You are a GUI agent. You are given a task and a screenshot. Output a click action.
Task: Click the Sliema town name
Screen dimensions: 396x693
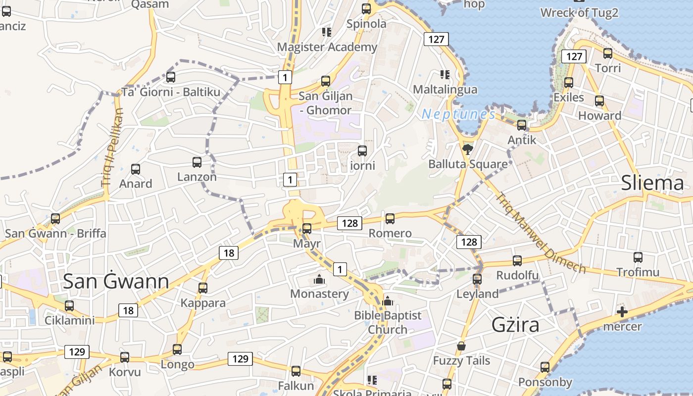pos(653,183)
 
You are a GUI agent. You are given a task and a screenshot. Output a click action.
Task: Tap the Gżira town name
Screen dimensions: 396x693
pos(515,325)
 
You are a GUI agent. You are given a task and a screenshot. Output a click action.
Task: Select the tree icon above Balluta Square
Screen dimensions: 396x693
pos(467,148)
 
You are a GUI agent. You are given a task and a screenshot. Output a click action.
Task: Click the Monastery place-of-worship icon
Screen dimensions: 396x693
pos(319,280)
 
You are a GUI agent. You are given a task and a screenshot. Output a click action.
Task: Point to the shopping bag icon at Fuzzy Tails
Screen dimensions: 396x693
pos(461,346)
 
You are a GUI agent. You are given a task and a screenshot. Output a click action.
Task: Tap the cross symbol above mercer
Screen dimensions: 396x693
pos(622,312)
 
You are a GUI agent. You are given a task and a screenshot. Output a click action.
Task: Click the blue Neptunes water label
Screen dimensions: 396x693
pos(458,115)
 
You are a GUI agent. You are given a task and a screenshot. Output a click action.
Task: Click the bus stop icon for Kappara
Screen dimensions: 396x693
pos(202,288)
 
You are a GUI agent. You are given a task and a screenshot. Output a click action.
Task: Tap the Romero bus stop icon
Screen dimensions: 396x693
pos(390,218)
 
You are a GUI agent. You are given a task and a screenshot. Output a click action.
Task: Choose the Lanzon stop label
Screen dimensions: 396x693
pos(197,177)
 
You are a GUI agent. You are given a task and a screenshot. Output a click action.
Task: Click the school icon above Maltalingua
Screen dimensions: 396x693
pos(445,75)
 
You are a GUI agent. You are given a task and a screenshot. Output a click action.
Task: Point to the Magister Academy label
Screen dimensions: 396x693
pos(327,47)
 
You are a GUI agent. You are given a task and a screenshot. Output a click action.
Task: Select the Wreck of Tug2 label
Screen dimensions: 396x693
pos(579,13)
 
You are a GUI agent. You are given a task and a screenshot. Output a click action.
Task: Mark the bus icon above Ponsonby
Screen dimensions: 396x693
pos(545,367)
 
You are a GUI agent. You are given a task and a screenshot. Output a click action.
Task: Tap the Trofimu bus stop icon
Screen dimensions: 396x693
pos(638,257)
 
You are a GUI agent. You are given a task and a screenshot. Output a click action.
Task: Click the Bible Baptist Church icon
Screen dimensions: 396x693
pos(388,300)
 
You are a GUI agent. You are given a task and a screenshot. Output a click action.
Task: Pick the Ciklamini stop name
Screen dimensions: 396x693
pos(70,320)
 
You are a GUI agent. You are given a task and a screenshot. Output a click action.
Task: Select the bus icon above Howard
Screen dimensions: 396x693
pos(599,101)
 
